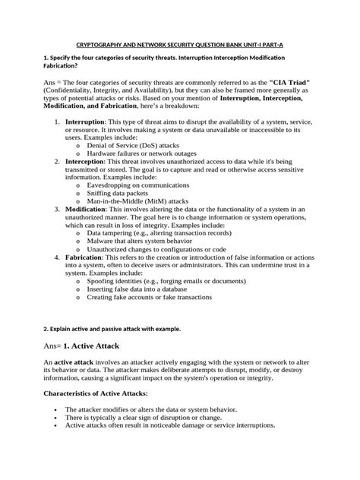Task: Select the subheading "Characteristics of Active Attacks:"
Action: [104, 393]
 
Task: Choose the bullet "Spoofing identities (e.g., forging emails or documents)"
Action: [172, 281]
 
